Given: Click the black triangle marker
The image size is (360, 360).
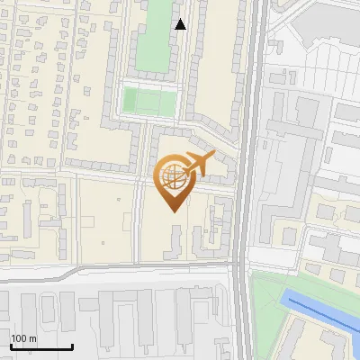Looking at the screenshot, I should [x=181, y=24].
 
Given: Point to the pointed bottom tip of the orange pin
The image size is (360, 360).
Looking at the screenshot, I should [x=173, y=211].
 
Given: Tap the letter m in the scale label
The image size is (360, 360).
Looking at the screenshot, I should [x=33, y=338].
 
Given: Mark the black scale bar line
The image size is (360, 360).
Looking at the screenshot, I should [x=41, y=347].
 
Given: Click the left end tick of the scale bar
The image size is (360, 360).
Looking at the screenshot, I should [x=11, y=345].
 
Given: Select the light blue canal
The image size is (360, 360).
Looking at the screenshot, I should [x=324, y=315].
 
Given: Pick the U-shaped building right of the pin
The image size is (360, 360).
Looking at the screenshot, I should [x=217, y=225].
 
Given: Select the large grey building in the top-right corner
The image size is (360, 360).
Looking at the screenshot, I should [x=324, y=27].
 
